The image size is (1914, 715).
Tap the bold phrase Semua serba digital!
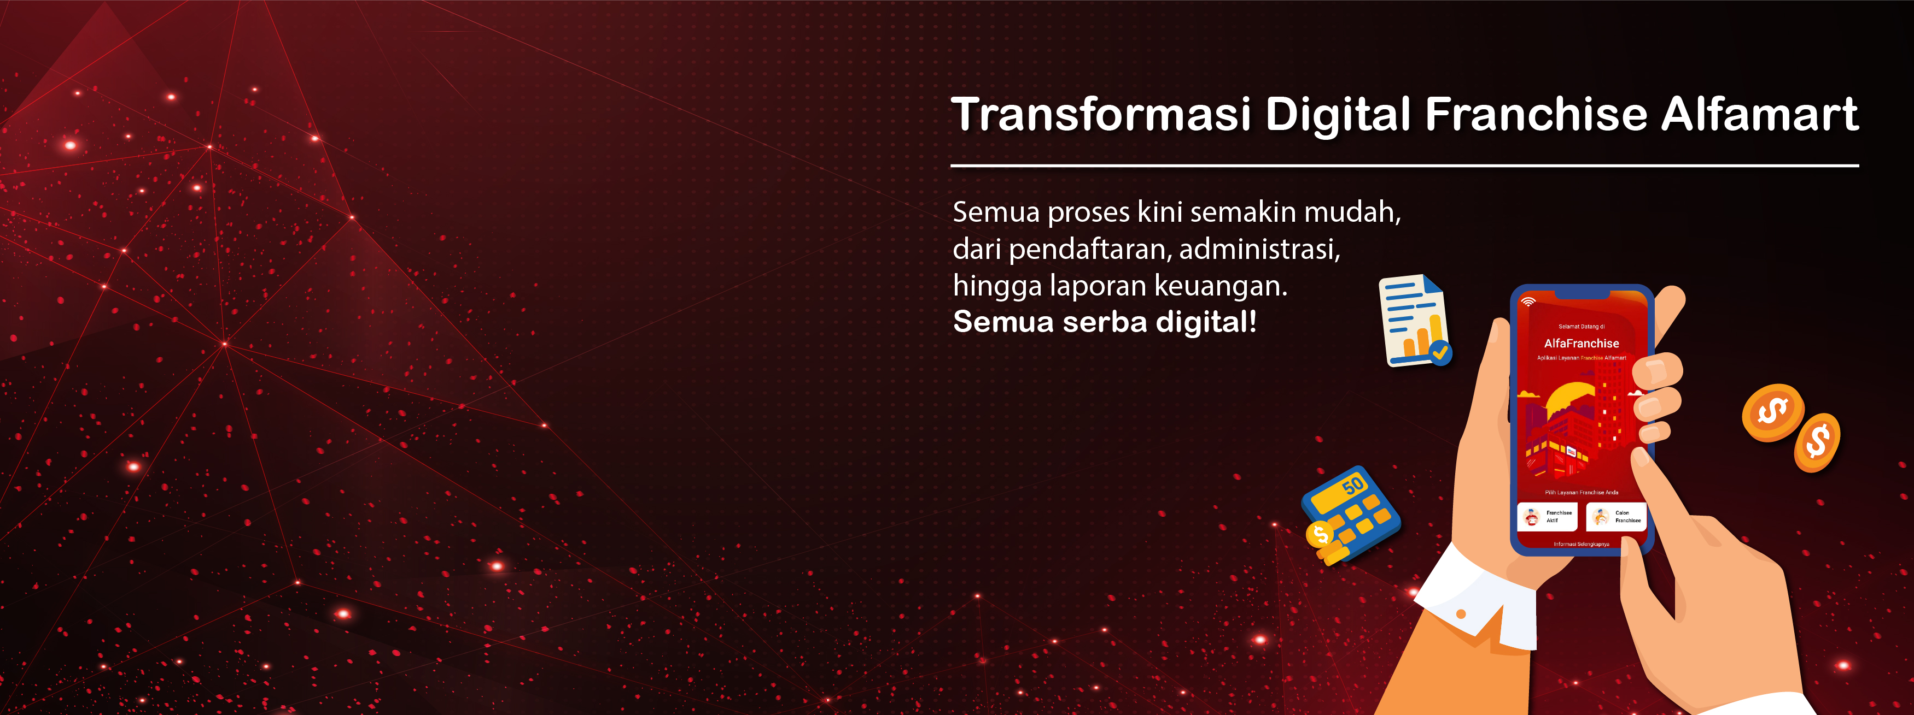[1104, 322]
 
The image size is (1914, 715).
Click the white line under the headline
[1404, 166]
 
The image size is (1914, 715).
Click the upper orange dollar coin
[1772, 412]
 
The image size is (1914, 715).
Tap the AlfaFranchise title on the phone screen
[1581, 344]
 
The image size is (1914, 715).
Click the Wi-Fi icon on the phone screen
[1528, 302]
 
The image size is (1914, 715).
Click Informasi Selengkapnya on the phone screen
[1581, 544]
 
